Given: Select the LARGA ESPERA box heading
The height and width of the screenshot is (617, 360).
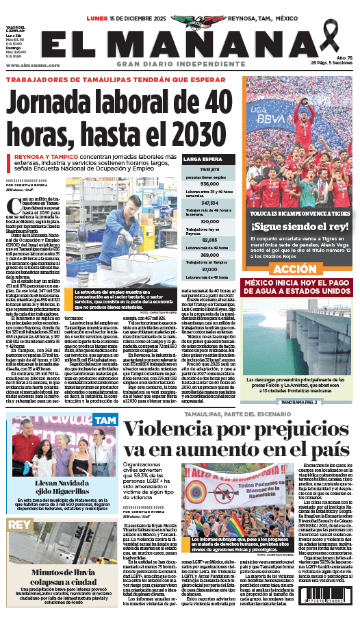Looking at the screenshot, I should click(x=200, y=158).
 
